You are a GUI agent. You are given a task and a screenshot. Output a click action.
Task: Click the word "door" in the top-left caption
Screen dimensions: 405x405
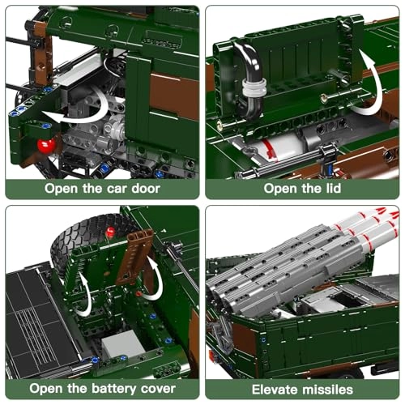point(146,188)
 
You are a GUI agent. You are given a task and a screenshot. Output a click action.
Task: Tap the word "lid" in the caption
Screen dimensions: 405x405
point(334,188)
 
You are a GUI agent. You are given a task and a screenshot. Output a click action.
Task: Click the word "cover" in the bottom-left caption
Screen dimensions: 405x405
point(158,389)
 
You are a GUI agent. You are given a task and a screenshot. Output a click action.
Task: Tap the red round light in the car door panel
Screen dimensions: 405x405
point(46,146)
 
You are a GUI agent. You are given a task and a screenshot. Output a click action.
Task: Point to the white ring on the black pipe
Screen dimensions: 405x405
point(254,87)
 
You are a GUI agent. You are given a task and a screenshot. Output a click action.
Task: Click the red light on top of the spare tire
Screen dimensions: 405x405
point(110,232)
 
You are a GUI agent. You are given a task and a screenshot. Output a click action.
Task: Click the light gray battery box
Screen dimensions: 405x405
point(123,345)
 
